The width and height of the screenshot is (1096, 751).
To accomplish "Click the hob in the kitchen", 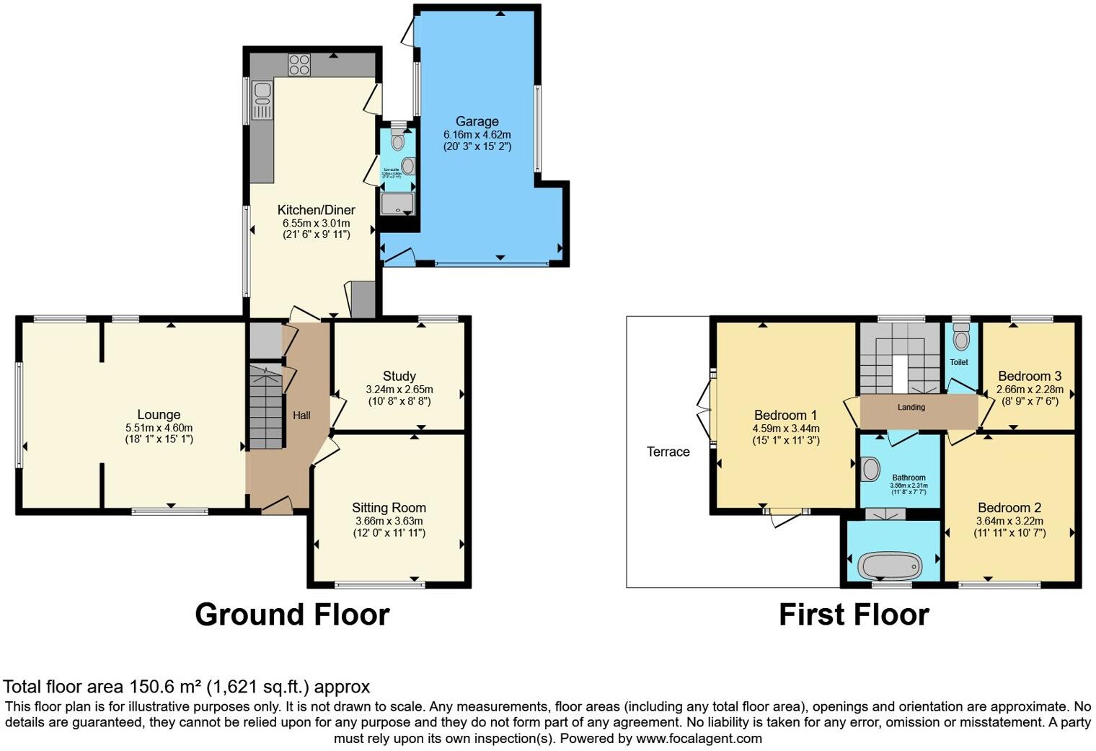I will click(299, 65).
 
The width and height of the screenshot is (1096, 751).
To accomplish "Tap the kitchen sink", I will click(262, 102).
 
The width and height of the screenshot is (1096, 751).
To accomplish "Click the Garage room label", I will click(477, 121).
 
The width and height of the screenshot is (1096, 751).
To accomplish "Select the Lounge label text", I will click(159, 415).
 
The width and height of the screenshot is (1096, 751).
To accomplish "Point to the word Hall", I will click(301, 416).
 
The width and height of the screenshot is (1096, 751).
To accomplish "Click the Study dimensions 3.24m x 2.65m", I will click(399, 390).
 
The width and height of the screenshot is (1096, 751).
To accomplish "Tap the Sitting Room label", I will click(389, 508).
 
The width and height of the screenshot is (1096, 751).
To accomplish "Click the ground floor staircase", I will click(265, 408).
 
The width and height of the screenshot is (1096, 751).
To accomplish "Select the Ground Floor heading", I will click(292, 615).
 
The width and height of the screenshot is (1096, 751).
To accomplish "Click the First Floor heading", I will click(854, 615).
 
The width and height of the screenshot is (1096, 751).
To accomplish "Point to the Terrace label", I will click(668, 452).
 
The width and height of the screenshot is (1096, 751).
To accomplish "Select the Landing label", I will click(911, 408).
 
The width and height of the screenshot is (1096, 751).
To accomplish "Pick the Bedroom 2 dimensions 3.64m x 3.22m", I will click(1009, 521).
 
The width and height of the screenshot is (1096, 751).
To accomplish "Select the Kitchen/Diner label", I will click(316, 210).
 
